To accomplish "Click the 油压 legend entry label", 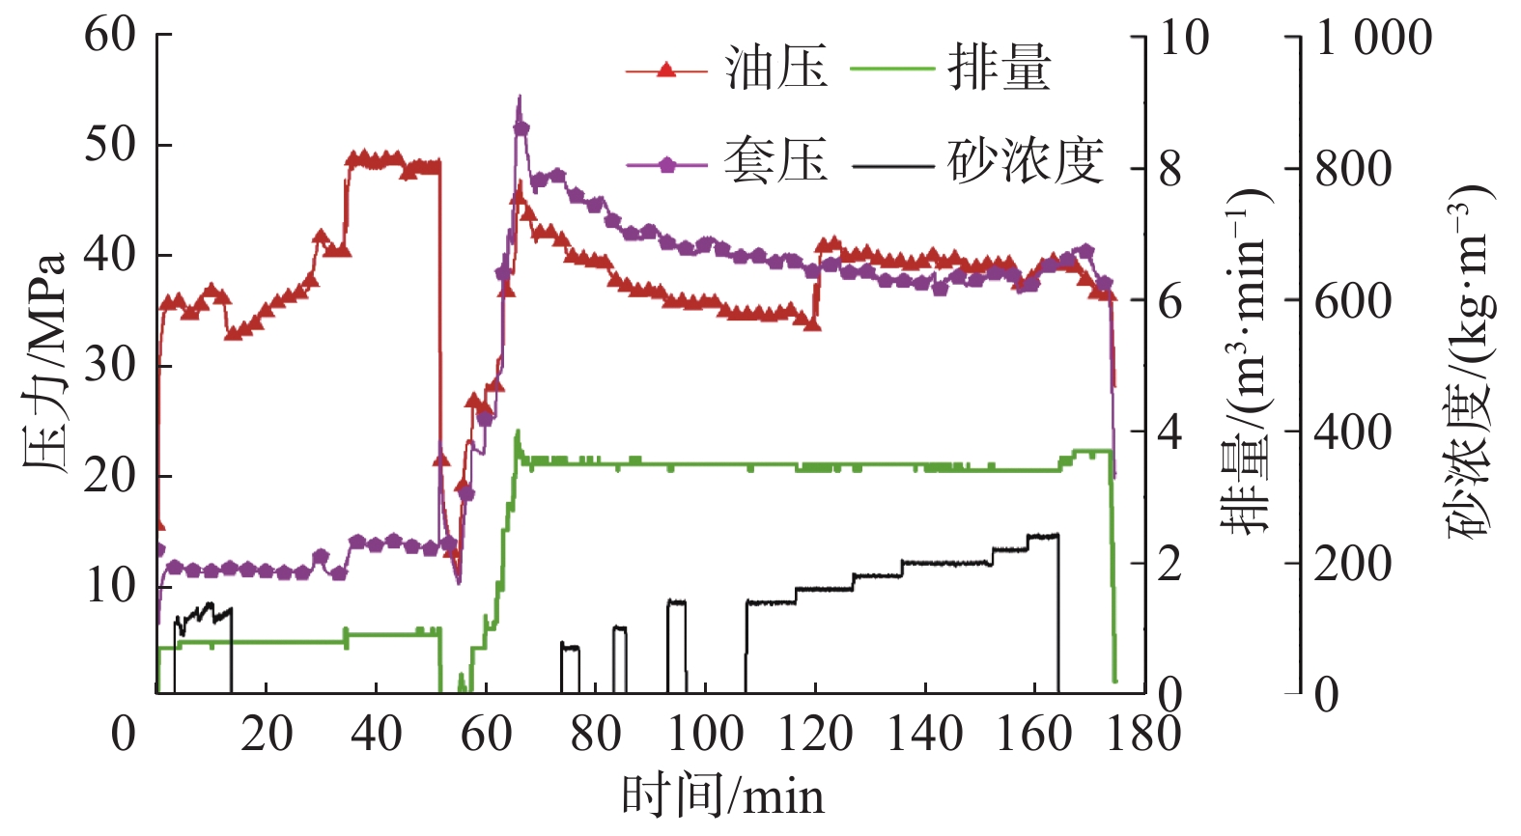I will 775,70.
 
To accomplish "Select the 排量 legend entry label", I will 999,70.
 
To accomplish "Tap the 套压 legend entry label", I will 775,161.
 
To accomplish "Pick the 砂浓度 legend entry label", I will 1026,161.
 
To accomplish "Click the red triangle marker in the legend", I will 665,70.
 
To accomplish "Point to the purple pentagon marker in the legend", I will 666,164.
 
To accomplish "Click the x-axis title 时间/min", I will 722,797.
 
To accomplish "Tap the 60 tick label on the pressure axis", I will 110,36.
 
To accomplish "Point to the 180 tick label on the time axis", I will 1144,734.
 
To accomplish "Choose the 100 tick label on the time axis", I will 705,734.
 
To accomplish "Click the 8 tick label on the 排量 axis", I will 1169,170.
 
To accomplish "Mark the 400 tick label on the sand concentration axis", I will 1352,432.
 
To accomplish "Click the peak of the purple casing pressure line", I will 520,97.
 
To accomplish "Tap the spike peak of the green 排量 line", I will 518,432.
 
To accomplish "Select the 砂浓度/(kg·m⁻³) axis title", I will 1469,362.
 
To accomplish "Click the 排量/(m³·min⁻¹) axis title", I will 1246,362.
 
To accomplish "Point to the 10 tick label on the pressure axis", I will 110,586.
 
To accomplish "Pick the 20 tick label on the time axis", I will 267,734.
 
